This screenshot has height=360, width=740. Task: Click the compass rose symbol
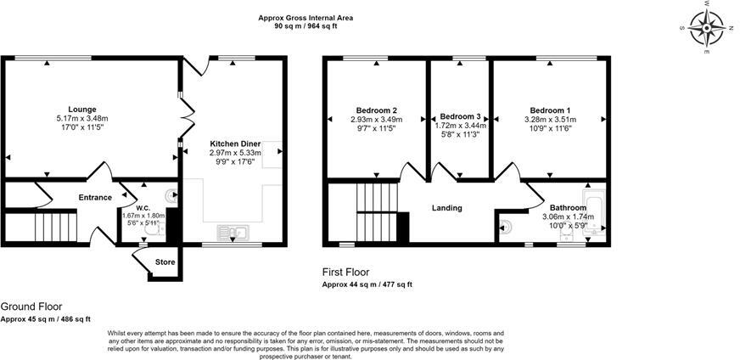click(x=707, y=29)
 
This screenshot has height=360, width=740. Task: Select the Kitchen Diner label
click(x=234, y=143)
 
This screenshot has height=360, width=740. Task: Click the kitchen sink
click(x=233, y=232)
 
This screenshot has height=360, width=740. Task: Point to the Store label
click(x=165, y=262)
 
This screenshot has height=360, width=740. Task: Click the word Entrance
click(x=95, y=198)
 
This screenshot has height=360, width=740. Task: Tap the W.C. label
click(x=143, y=208)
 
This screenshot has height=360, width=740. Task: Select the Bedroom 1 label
click(x=550, y=110)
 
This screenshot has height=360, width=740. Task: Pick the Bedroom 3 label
click(x=460, y=116)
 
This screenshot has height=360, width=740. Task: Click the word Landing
click(x=447, y=208)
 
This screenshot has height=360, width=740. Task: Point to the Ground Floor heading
click(x=31, y=307)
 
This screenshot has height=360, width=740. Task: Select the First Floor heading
click(x=346, y=273)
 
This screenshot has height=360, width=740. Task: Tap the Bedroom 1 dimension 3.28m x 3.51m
click(x=550, y=120)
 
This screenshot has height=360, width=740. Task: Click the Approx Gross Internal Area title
click(x=306, y=18)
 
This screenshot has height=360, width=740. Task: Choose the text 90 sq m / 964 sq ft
click(x=306, y=26)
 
